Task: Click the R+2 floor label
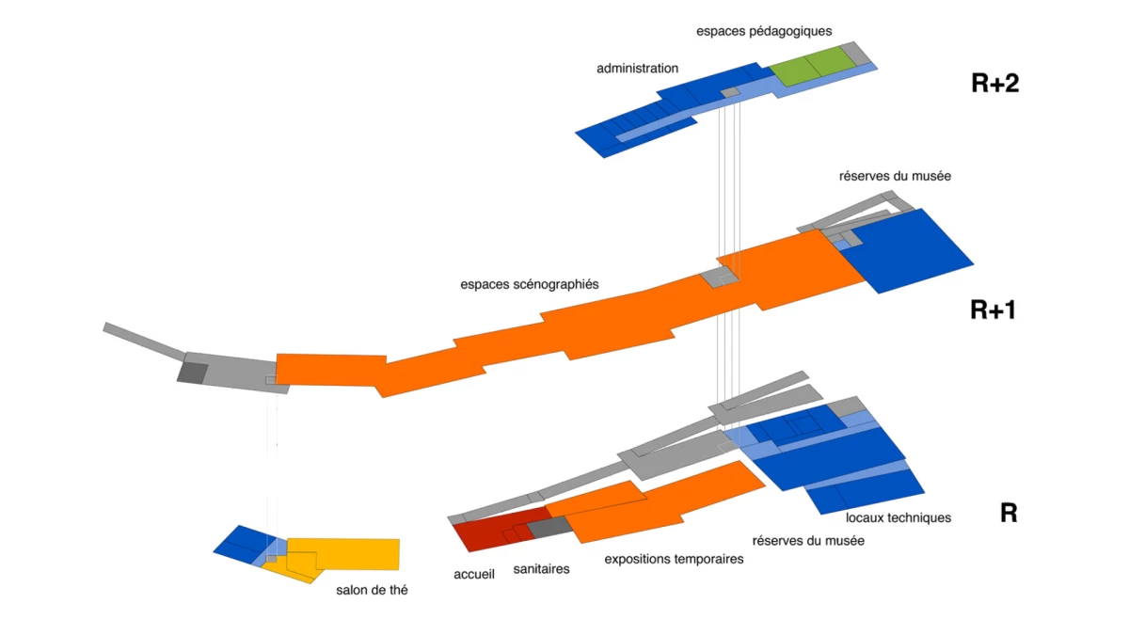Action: [995, 84]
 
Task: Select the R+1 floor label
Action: [993, 310]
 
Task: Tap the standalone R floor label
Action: [1009, 514]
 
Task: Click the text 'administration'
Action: [637, 68]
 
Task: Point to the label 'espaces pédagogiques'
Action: [764, 31]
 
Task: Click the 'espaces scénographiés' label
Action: [530, 283]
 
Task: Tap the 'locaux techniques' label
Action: [898, 517]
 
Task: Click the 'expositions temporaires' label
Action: [674, 559]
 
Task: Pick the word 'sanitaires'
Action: [541, 569]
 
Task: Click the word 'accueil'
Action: [474, 574]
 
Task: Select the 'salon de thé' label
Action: [372, 591]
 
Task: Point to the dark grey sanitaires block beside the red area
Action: [549, 527]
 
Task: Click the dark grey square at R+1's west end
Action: [193, 372]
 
